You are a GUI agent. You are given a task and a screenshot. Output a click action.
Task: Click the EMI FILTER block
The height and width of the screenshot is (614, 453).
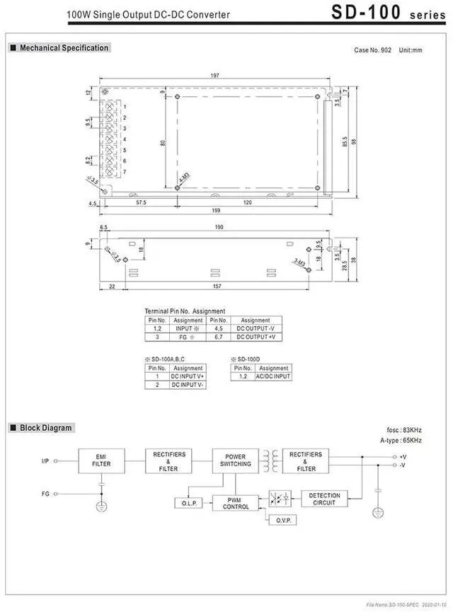(x=101, y=460)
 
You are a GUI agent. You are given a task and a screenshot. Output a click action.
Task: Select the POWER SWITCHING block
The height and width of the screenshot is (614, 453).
(x=235, y=460)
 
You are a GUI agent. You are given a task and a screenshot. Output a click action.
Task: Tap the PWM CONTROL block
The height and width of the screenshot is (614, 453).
(x=236, y=503)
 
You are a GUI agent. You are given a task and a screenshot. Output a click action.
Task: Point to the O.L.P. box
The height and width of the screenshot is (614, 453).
(x=188, y=503)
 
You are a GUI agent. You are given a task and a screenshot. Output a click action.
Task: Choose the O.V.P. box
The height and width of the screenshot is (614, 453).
(x=282, y=520)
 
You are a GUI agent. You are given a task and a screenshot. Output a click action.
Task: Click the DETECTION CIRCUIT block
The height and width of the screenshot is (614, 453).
(x=324, y=499)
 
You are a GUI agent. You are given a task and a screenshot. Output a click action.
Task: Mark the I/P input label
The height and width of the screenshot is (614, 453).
(x=46, y=460)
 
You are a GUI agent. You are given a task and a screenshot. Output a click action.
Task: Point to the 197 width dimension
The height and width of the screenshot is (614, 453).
(x=215, y=76)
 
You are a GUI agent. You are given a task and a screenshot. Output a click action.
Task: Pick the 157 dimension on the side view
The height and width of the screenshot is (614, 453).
(x=217, y=286)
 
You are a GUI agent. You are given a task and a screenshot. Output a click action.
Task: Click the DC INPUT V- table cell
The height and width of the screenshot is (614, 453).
(x=188, y=385)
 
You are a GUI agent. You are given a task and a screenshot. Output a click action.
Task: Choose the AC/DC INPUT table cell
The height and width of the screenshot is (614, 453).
(x=273, y=376)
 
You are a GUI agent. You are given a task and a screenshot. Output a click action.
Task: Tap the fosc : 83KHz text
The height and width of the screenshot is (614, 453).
(x=404, y=429)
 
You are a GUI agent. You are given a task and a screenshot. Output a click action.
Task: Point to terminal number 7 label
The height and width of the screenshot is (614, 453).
(x=125, y=172)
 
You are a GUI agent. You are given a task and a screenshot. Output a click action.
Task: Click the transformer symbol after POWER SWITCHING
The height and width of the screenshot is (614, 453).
(x=269, y=460)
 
